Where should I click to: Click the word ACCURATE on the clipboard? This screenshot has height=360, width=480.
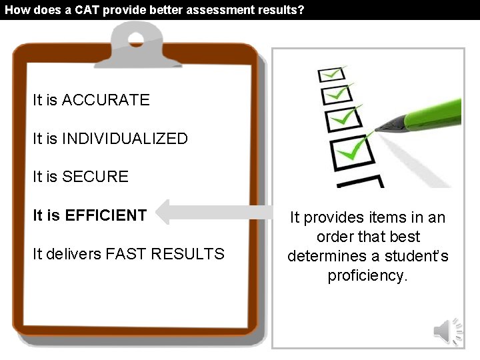[105, 100]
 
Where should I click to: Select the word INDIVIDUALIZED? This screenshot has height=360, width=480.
[125, 139]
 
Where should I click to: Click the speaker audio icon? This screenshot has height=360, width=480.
[447, 331]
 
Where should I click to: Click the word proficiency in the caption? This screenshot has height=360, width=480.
[367, 275]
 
